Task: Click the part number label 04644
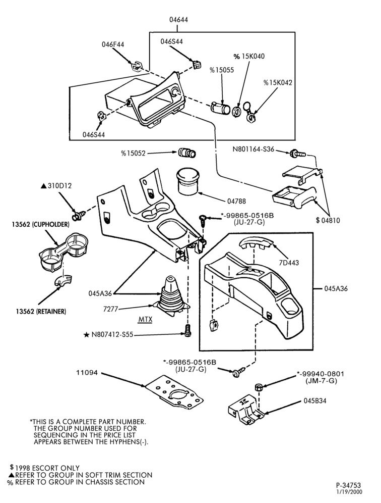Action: click(178, 20)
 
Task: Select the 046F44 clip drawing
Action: click(137, 66)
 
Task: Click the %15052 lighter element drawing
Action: click(187, 153)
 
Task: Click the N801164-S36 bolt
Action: click(297, 154)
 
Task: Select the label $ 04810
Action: click(328, 220)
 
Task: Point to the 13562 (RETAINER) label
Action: click(41, 311)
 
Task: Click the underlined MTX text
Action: click(145, 320)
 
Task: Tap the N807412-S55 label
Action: click(108, 335)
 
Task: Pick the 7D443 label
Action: click(289, 263)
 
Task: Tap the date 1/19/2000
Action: click(349, 492)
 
